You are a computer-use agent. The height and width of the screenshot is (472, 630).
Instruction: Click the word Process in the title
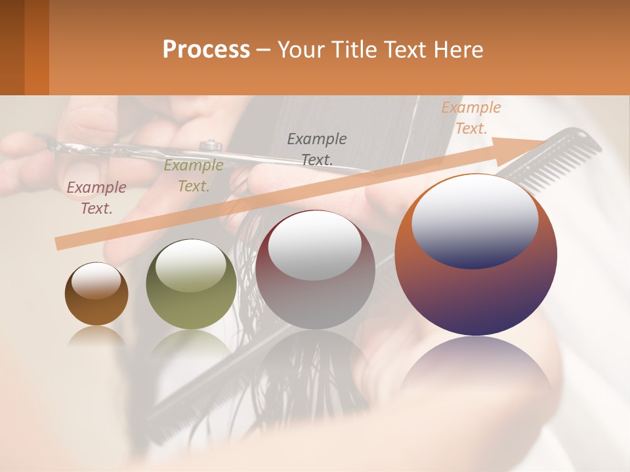pos(206,50)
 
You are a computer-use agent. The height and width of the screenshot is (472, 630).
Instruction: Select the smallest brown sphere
pos(96,294)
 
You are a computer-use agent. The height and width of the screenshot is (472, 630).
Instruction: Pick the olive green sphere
pos(191,285)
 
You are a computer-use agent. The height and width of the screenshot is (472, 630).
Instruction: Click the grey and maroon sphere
pos(315,269)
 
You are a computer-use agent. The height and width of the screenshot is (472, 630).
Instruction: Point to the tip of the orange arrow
pos(544,142)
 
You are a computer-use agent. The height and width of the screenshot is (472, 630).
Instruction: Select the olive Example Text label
pos(194,176)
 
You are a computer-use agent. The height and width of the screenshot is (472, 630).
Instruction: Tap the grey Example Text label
pos(317,149)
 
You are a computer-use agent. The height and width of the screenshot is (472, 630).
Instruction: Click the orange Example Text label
pos(471,118)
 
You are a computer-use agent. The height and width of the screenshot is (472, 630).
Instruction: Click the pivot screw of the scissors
pos(211,144)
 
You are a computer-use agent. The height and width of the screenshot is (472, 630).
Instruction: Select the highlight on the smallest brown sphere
pos(96,280)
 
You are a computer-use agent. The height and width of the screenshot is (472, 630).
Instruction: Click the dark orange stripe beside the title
pos(37,47)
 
